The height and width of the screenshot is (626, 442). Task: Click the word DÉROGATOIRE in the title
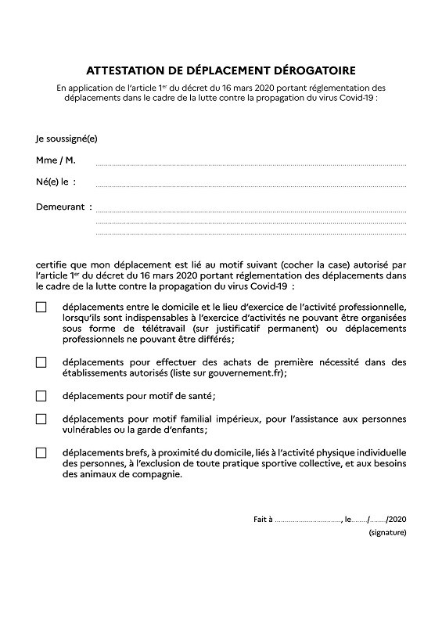coord(315,70)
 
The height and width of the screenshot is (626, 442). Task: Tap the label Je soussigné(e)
coord(66,139)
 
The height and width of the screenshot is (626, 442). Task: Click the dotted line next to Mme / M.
coord(250,164)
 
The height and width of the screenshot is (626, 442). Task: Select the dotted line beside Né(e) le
coord(250,186)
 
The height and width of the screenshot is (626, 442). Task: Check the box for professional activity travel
coord(41,308)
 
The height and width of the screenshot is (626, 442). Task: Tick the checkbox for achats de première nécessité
coord(41,362)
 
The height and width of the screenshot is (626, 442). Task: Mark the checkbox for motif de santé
coord(41,395)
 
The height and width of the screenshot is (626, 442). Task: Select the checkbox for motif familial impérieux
coord(41,419)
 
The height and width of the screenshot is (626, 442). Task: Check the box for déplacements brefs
coord(41,452)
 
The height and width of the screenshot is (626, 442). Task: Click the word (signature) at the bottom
coord(387,533)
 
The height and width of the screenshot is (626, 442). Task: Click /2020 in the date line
coord(396,519)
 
